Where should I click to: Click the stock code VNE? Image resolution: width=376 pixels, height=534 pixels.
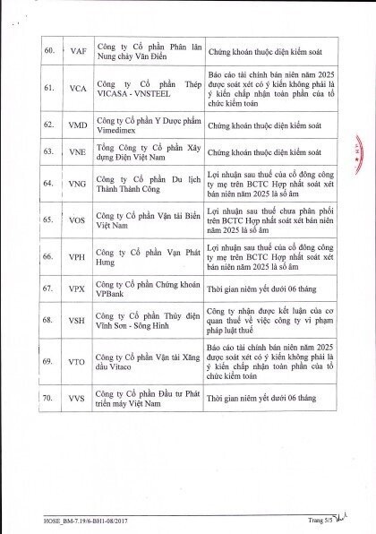click(x=78, y=154)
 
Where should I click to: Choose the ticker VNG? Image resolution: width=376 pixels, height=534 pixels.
click(x=78, y=186)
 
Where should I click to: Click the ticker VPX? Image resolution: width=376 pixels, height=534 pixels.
click(x=78, y=290)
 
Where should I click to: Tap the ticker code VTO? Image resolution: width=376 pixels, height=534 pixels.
click(x=78, y=359)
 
